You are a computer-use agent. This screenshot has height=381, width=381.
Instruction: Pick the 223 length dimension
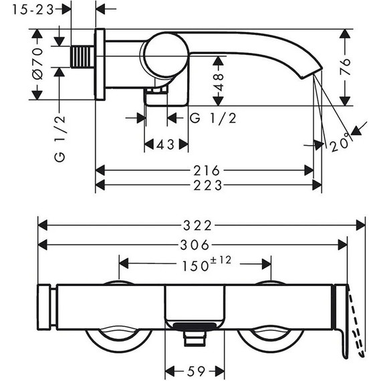click(x=205, y=185)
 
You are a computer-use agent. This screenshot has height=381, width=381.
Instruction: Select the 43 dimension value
click(x=166, y=143)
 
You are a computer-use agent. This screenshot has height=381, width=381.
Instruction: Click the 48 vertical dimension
click(x=219, y=80)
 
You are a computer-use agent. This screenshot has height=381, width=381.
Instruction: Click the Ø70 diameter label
click(x=37, y=65)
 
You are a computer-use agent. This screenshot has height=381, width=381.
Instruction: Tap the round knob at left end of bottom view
click(x=45, y=307)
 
